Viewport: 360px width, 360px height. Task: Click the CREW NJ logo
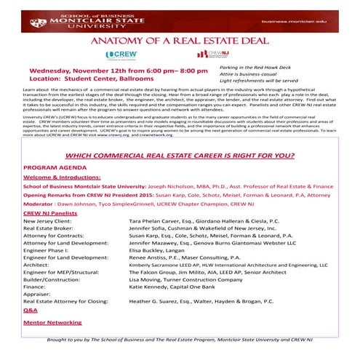tap(212, 55)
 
